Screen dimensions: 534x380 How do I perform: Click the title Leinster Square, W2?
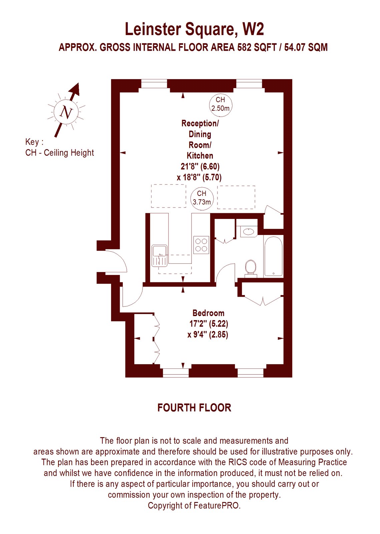pyautogui.click(x=194, y=29)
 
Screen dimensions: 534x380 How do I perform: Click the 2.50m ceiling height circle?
pyautogui.click(x=220, y=104)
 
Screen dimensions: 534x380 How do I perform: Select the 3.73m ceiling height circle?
pyautogui.click(x=202, y=198)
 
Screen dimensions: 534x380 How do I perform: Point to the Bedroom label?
pyautogui.click(x=208, y=313)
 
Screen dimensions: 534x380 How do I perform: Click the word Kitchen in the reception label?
pyautogui.click(x=200, y=156)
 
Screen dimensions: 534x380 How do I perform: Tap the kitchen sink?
pyautogui.click(x=159, y=256)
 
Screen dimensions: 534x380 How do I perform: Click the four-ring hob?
pyautogui.click(x=201, y=245)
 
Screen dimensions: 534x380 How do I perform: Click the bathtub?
pyautogui.click(x=273, y=256)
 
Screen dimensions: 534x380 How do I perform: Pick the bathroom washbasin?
pyautogui.click(x=249, y=231)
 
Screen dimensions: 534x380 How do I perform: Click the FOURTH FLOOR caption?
pyautogui.click(x=194, y=408)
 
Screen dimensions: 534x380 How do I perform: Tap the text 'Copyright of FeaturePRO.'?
pyautogui.click(x=194, y=506)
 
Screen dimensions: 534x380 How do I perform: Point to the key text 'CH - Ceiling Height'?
pyautogui.click(x=60, y=153)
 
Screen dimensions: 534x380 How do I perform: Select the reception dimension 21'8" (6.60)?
pyautogui.click(x=200, y=166)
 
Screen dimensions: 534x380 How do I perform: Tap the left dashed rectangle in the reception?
pyautogui.click(x=168, y=196)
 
